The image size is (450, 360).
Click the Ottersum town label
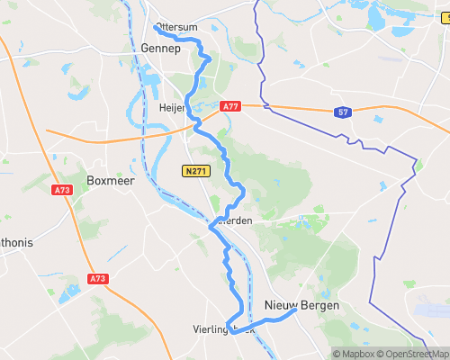coord(175,26)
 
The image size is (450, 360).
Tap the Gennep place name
coord(162,49)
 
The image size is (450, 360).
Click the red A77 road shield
coord(231,105)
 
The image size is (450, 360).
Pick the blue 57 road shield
coord(343,112)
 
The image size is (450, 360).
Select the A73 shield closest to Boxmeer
coord(62,190)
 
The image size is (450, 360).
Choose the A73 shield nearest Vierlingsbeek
coord(96,279)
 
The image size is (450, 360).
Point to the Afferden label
coord(232,221)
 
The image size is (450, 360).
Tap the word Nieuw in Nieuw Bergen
coord(282,306)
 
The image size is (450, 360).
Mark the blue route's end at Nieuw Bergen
coord(296,311)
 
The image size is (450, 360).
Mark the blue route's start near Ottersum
coord(156,26)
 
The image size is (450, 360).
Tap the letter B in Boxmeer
coord(91,180)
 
